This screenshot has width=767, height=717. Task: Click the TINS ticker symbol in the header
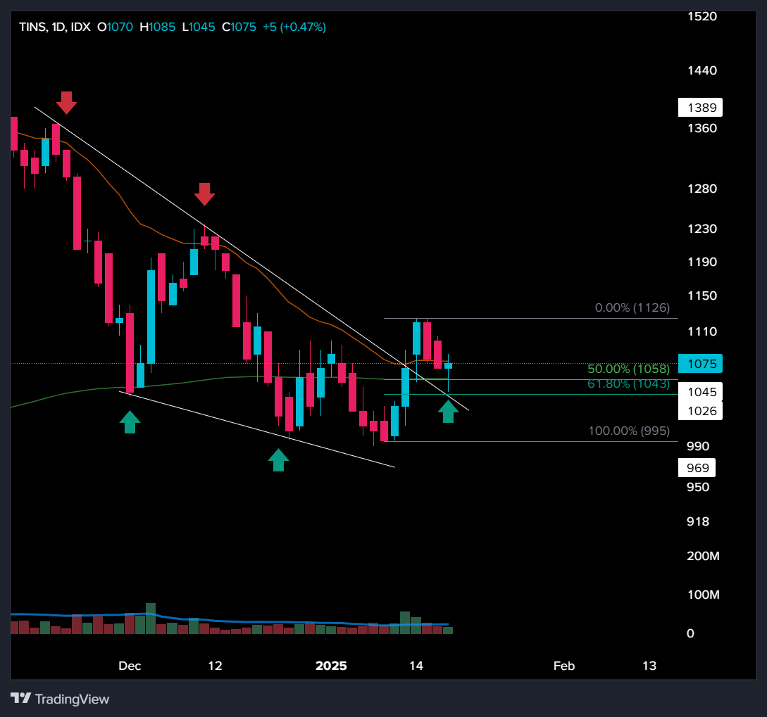click(x=32, y=27)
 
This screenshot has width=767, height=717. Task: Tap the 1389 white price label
click(x=701, y=108)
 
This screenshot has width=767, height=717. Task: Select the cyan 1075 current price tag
click(x=701, y=364)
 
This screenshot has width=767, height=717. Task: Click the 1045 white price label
click(x=701, y=392)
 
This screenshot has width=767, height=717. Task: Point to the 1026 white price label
click(x=701, y=410)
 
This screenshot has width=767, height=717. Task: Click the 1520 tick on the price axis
click(x=701, y=15)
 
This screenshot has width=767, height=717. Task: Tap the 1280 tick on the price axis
click(x=701, y=189)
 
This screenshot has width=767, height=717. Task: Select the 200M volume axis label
click(x=703, y=556)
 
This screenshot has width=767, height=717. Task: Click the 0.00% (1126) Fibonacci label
click(x=632, y=307)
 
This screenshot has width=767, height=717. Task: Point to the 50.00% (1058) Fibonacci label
click(x=628, y=369)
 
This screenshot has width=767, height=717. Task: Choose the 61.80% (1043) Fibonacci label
click(x=628, y=383)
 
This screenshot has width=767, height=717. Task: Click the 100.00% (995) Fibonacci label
click(x=629, y=431)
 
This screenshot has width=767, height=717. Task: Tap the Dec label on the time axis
click(x=130, y=666)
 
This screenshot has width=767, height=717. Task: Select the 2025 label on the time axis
click(x=331, y=666)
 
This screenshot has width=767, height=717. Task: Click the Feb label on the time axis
click(x=563, y=666)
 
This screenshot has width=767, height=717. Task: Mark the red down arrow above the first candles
click(x=66, y=103)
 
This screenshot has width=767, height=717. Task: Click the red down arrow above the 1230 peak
click(x=204, y=194)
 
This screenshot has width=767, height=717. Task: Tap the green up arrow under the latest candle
click(x=448, y=411)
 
